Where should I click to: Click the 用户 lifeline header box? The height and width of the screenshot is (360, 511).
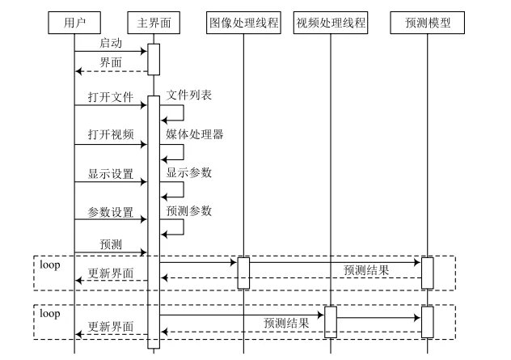(x=74, y=23)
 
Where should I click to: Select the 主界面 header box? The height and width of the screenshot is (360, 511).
(x=152, y=23)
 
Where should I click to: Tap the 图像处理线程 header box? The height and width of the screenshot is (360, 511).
(x=243, y=23)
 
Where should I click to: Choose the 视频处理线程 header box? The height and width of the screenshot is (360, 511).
(x=330, y=23)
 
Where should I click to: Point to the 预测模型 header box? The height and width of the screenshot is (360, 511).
(x=427, y=23)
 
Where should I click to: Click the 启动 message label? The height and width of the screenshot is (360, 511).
(x=111, y=43)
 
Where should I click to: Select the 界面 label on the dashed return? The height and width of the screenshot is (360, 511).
(x=111, y=62)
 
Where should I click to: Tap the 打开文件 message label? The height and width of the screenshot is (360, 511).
(x=111, y=98)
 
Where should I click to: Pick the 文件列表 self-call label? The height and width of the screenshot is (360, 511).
(x=188, y=95)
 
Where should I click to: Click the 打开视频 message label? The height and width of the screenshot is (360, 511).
(x=111, y=135)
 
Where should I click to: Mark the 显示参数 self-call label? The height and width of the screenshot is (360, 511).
(x=188, y=172)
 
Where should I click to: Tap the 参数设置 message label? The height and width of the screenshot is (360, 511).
(x=111, y=213)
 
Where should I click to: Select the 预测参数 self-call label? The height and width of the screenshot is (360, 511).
(x=188, y=210)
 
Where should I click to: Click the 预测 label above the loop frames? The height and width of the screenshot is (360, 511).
(x=111, y=244)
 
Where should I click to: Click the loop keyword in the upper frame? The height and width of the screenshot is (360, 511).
(x=50, y=265)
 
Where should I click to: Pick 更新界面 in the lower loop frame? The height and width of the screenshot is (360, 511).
(x=111, y=327)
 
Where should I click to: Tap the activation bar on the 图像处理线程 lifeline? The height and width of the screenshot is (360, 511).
(x=243, y=273)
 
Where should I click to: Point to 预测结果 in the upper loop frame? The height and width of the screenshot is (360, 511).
(x=365, y=270)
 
